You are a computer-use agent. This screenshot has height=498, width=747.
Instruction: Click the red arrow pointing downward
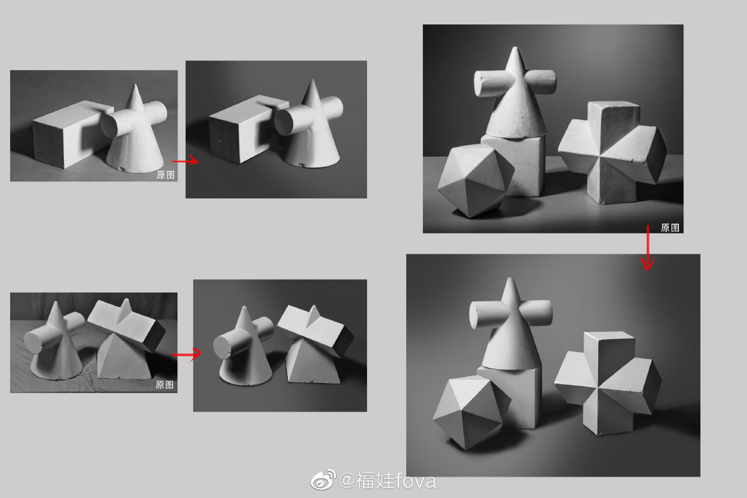pos(648,248)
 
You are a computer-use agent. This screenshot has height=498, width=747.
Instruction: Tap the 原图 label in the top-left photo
pos(165,175)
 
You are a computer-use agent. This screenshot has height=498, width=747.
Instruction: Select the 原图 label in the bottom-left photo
pos(164,384)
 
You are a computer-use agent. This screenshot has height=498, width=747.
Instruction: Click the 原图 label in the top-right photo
pos(670,228)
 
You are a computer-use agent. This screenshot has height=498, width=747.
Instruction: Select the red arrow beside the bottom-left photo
pos(187,355)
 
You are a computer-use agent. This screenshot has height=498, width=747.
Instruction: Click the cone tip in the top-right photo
pos(515,47)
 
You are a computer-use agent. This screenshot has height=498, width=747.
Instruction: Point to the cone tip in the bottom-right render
pos(509,278)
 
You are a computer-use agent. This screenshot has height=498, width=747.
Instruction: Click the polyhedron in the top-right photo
pos(476,181)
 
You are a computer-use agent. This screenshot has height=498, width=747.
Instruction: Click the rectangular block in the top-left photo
pos(70,134)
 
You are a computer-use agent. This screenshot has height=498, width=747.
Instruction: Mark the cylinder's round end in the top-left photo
pos(109,125)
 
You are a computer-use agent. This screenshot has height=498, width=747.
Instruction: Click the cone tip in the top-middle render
pos(312,80)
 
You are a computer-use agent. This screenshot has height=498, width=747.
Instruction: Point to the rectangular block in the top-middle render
pos(246,129)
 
